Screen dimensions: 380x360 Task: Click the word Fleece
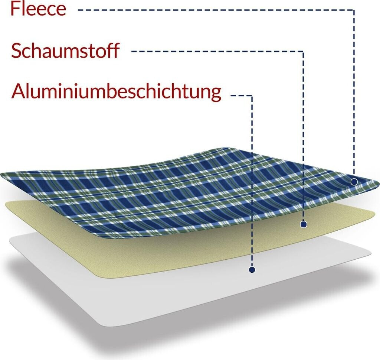click(38, 9)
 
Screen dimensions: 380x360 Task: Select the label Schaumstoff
click(65, 51)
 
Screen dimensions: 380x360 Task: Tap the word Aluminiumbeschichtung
click(116, 91)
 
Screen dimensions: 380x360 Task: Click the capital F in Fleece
click(16, 9)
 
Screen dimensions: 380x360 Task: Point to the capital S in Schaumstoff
click(16, 51)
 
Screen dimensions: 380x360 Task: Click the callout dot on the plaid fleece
click(354, 182)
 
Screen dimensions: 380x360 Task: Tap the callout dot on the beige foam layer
click(304, 224)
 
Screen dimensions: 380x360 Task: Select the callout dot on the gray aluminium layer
click(252, 269)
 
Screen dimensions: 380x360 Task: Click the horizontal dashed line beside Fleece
click(215, 10)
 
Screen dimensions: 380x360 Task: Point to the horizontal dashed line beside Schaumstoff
click(217, 52)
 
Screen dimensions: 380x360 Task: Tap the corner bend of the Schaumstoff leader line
click(304, 52)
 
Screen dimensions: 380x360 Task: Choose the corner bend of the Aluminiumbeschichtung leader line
click(252, 96)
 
